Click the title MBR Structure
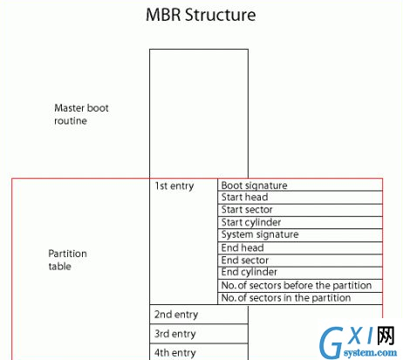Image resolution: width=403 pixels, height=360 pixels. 201,15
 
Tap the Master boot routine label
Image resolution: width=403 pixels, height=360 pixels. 81,114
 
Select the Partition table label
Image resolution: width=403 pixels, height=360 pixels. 67,260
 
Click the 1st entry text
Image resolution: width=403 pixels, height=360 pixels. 174,186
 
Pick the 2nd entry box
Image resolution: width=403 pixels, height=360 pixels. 199,315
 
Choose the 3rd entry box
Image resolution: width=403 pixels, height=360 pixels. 199,334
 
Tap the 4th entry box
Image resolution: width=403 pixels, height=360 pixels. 199,352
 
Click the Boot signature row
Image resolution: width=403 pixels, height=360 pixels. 300,185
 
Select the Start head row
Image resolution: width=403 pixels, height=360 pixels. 300,197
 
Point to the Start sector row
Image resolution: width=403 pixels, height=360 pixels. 300,210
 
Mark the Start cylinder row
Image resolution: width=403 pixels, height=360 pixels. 300,222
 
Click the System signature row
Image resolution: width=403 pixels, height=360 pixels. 300,235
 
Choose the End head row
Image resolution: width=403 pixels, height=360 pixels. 300,248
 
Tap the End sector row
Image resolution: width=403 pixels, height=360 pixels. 300,261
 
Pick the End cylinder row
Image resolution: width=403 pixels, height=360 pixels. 300,273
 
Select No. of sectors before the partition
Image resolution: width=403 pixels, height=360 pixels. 300,286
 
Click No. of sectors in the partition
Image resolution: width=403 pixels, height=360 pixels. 300,298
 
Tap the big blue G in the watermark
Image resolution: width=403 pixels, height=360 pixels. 331,343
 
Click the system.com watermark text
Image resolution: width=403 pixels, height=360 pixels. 370,353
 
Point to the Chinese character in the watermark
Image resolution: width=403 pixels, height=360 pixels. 386,336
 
